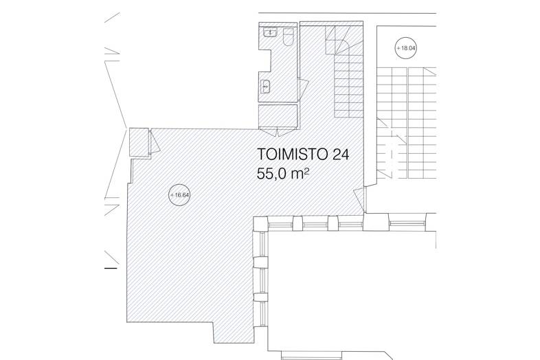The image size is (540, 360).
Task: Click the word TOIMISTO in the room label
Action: coord(292,155)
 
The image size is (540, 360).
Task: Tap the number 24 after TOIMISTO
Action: coord(341,155)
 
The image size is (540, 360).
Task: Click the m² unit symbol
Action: coord(299,174)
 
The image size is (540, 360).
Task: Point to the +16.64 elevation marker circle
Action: coord(180,195)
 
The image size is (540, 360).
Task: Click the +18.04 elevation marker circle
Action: coord(406,48)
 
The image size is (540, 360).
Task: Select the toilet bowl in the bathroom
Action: coord(289,37)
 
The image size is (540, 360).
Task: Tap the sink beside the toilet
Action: coord(271,33)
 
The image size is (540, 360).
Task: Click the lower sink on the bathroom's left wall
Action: coord(265,86)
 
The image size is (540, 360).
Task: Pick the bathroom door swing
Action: coord(304,88)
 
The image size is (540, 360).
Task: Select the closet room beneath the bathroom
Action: coord(278,116)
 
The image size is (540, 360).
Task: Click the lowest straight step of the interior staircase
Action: coord(348,114)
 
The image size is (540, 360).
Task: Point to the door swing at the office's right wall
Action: coord(359,199)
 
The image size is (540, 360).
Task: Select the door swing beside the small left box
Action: coord(155,142)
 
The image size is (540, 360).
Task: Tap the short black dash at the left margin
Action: coord(111,268)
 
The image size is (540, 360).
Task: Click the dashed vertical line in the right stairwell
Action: coord(392,154)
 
